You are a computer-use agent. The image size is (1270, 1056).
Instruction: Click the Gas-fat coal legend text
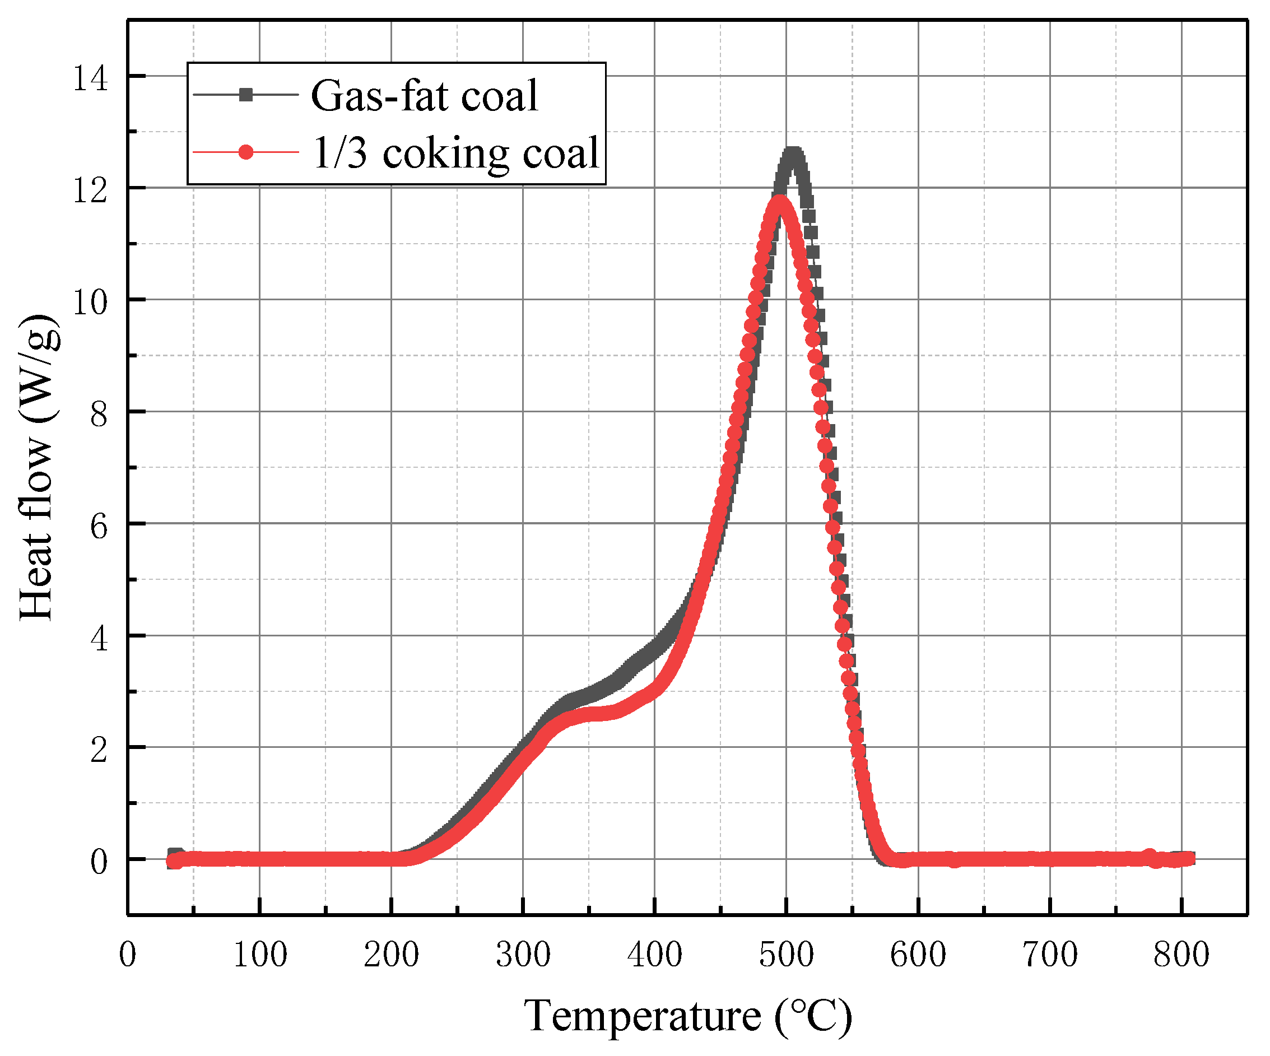coord(424,96)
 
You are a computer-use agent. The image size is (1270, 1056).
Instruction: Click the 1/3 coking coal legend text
coord(455,153)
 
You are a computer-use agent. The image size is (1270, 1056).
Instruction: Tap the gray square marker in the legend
coord(245,95)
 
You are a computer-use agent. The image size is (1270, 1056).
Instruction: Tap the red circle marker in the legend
coord(245,152)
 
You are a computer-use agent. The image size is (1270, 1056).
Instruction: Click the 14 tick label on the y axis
coord(90,78)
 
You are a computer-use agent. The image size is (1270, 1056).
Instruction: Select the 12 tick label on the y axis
coord(90,190)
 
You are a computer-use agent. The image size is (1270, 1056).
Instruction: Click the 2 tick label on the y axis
coord(99,750)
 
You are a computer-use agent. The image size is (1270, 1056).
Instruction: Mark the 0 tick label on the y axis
coord(99,861)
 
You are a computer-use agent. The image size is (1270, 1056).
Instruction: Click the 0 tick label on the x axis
coord(128,956)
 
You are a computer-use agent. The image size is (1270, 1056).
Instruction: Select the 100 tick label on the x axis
coord(260,956)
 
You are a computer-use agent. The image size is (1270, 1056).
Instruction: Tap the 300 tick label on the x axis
coord(523,956)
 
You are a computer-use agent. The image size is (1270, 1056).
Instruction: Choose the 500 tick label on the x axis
coord(786,956)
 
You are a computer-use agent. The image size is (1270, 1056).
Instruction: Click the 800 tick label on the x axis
coord(1181,956)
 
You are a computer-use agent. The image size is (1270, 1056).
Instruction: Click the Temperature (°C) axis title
coord(687,1017)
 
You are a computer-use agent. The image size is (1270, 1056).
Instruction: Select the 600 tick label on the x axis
coord(918,956)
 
